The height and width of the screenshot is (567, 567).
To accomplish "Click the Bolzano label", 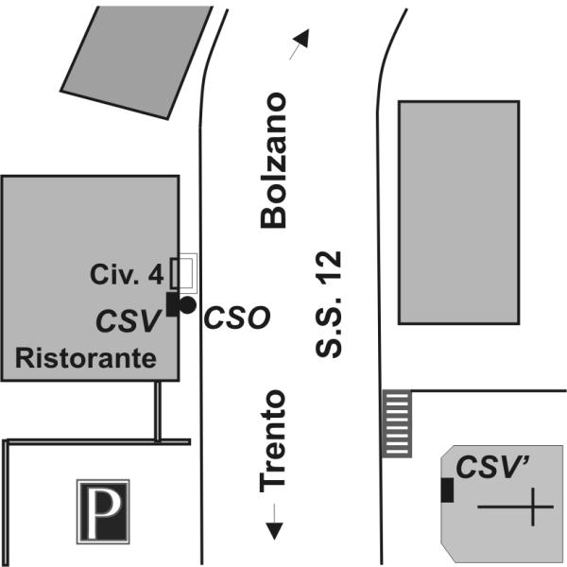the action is (x=273, y=160).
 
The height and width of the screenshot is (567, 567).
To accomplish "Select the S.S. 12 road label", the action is (x=329, y=304).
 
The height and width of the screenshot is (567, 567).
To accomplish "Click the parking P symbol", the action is (x=103, y=511).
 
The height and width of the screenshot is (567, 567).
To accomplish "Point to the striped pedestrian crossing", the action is (x=397, y=422).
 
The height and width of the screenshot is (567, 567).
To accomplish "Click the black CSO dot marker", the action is (x=188, y=304).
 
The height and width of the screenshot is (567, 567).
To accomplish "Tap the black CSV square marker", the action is (x=173, y=303).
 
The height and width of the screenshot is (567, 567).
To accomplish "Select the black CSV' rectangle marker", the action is (x=447, y=490).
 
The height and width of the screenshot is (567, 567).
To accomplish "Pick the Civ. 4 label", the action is (x=128, y=275).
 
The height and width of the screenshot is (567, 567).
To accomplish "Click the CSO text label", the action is (x=237, y=317).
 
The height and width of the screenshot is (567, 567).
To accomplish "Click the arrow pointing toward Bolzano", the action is (x=300, y=43).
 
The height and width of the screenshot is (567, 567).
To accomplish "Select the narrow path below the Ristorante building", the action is (x=158, y=411).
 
